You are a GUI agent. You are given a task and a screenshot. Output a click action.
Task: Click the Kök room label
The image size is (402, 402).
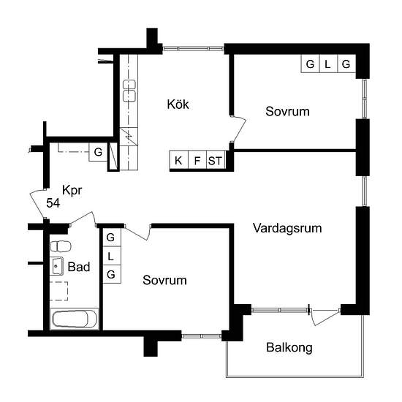pos(178,105)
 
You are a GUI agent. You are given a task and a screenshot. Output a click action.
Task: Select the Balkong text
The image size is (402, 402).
pos(289,348)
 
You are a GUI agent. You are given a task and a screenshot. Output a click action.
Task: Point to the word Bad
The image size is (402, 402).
pos(78,268)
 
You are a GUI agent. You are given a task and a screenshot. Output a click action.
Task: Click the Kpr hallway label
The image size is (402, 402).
pos(72,190)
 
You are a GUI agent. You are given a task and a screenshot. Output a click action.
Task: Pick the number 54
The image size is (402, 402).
pos(53,202)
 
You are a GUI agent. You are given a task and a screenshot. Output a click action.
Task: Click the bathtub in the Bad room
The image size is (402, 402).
pos(73,319)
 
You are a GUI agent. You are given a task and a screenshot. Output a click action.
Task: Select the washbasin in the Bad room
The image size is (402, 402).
pos(57,265)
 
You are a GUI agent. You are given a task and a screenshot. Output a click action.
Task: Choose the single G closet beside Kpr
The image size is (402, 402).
pos(96,153)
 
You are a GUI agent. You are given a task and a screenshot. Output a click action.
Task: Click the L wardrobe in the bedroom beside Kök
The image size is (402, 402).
pos(327,64)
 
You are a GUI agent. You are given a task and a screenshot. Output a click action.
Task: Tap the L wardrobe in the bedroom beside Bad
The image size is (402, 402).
pos(111,257)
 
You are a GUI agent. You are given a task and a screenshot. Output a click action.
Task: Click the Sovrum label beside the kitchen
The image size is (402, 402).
pos(287,112)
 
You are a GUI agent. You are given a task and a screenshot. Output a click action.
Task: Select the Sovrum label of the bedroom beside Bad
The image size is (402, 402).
pos(164,280)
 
